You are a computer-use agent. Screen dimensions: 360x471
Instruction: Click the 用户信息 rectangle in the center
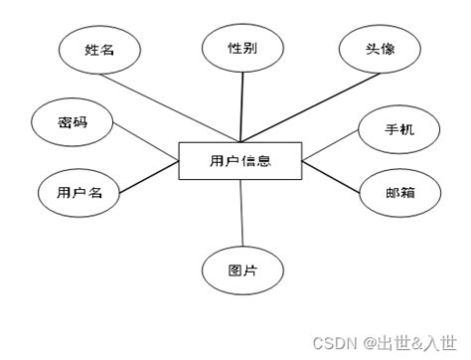pos(241,161)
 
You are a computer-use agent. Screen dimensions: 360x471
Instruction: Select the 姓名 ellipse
pos(96,52)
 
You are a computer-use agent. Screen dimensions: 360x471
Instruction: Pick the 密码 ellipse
pos(73,123)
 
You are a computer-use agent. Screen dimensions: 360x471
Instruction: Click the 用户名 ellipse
pos(78,193)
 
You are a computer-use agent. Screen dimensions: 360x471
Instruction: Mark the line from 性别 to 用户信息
pos(241,107)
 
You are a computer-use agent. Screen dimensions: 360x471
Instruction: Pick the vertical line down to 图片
pos(242,213)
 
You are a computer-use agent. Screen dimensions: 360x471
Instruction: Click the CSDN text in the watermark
pos(334,342)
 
